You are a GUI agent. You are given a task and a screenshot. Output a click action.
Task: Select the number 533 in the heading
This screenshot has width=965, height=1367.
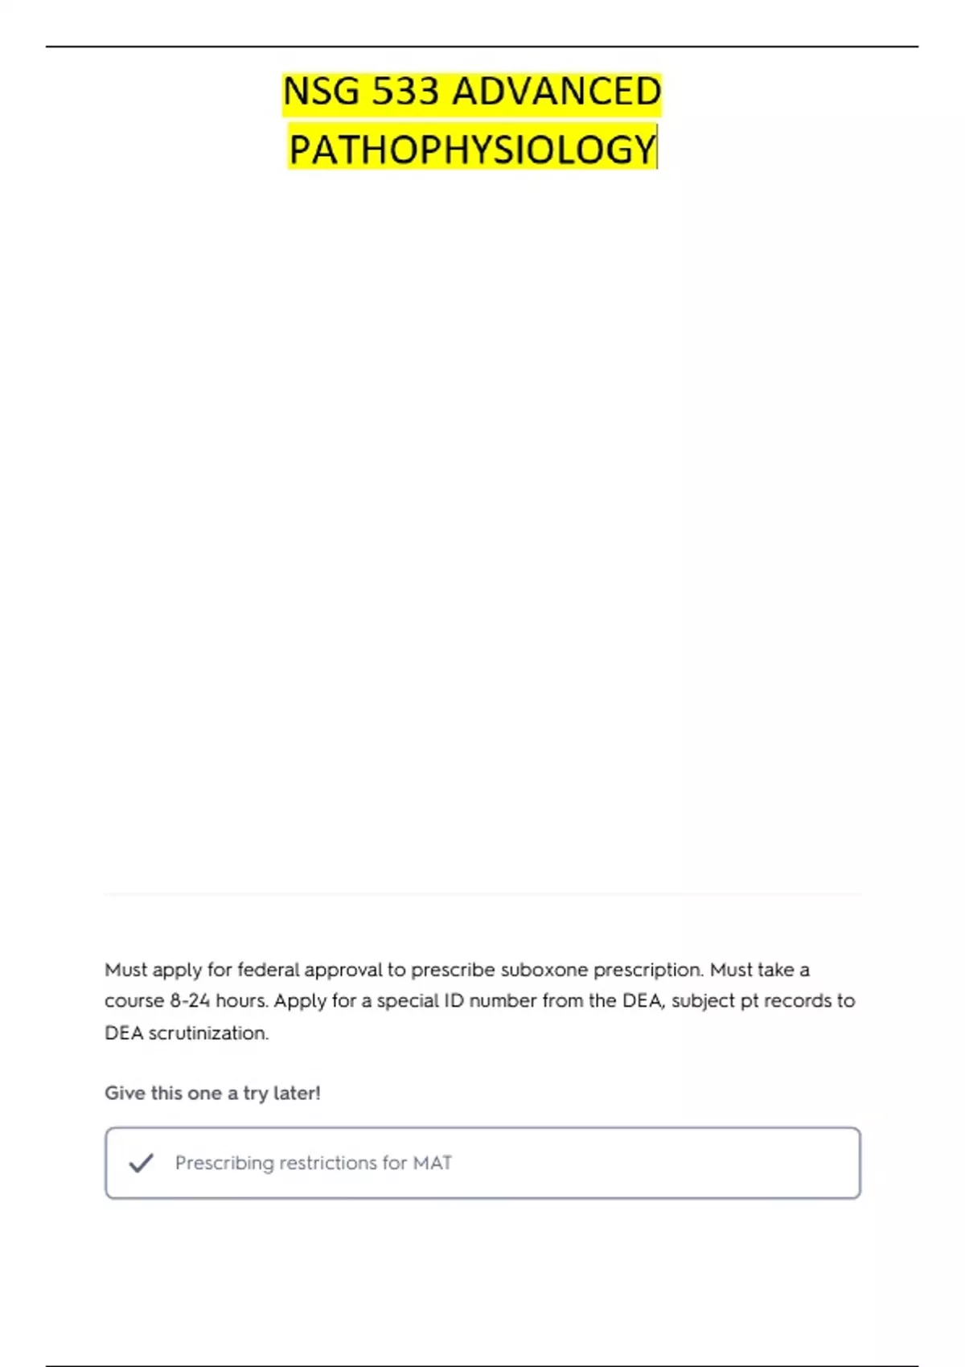(405, 92)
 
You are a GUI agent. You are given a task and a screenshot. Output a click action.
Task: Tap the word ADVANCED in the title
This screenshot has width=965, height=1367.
(556, 92)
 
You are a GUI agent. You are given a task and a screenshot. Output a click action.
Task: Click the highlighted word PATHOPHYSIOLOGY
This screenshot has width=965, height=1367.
(473, 150)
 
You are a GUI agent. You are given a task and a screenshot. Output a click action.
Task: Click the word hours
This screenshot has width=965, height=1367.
(241, 1001)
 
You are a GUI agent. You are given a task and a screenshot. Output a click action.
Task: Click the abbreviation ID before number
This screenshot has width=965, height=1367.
(454, 1001)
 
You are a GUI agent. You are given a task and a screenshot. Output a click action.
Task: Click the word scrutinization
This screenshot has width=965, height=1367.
(208, 1033)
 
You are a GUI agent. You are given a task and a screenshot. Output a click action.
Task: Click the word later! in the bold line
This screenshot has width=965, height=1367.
(297, 1094)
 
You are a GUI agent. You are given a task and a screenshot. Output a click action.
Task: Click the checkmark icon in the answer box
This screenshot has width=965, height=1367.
(141, 1163)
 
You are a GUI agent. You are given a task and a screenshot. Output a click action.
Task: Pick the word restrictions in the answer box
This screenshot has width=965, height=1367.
(328, 1164)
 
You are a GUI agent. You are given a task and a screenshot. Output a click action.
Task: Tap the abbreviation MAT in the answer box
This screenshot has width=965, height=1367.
(433, 1164)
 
